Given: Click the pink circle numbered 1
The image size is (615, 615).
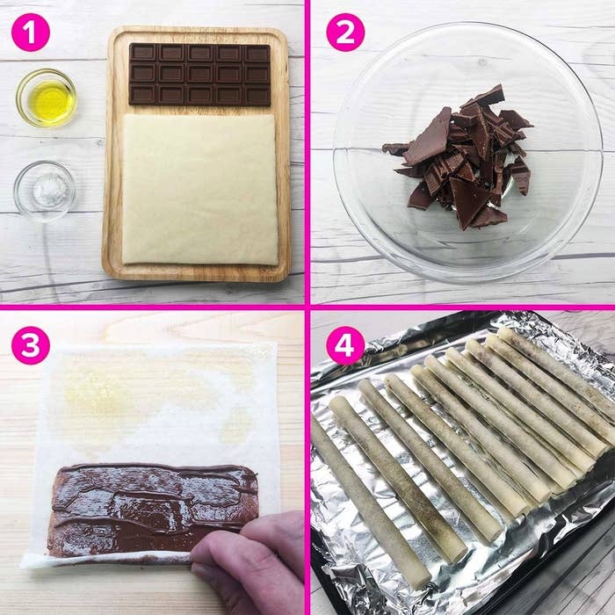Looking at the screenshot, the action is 31,33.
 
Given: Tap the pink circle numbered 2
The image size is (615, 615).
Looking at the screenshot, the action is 345,33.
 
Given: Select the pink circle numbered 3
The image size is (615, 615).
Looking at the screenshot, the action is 31,345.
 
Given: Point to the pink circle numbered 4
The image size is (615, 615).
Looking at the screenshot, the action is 345,345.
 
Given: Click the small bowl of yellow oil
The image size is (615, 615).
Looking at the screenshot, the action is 47,98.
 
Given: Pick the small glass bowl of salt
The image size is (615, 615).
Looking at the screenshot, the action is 45,191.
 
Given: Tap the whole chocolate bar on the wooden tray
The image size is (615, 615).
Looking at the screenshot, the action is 199,75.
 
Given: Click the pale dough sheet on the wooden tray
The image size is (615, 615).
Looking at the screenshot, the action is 200,190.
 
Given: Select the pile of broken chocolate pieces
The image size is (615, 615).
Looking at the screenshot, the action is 459,157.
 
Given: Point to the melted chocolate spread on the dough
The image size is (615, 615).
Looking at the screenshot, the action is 153,508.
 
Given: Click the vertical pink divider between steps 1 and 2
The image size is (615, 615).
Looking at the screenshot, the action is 307,152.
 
